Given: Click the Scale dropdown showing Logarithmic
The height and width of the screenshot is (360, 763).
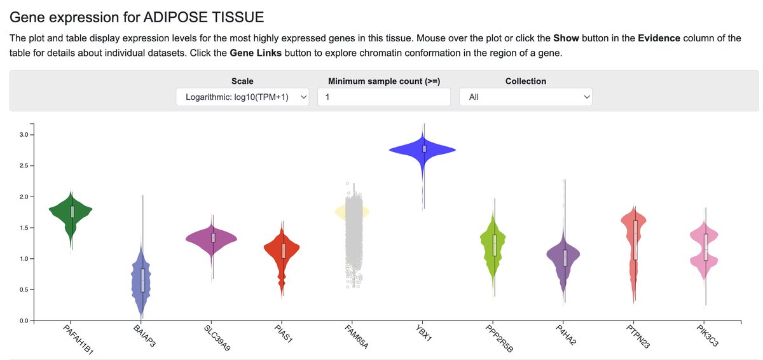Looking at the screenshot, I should point(242,97).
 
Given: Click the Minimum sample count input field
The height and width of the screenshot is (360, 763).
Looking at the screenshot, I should point(384,97).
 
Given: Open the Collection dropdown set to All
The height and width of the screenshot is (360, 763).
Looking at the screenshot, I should point(525,97).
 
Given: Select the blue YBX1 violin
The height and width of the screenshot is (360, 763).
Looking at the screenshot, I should point(423,149).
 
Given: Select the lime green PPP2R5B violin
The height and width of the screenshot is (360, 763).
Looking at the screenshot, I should point(494,245).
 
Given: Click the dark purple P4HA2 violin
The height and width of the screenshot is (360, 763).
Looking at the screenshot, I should point(564,258).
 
